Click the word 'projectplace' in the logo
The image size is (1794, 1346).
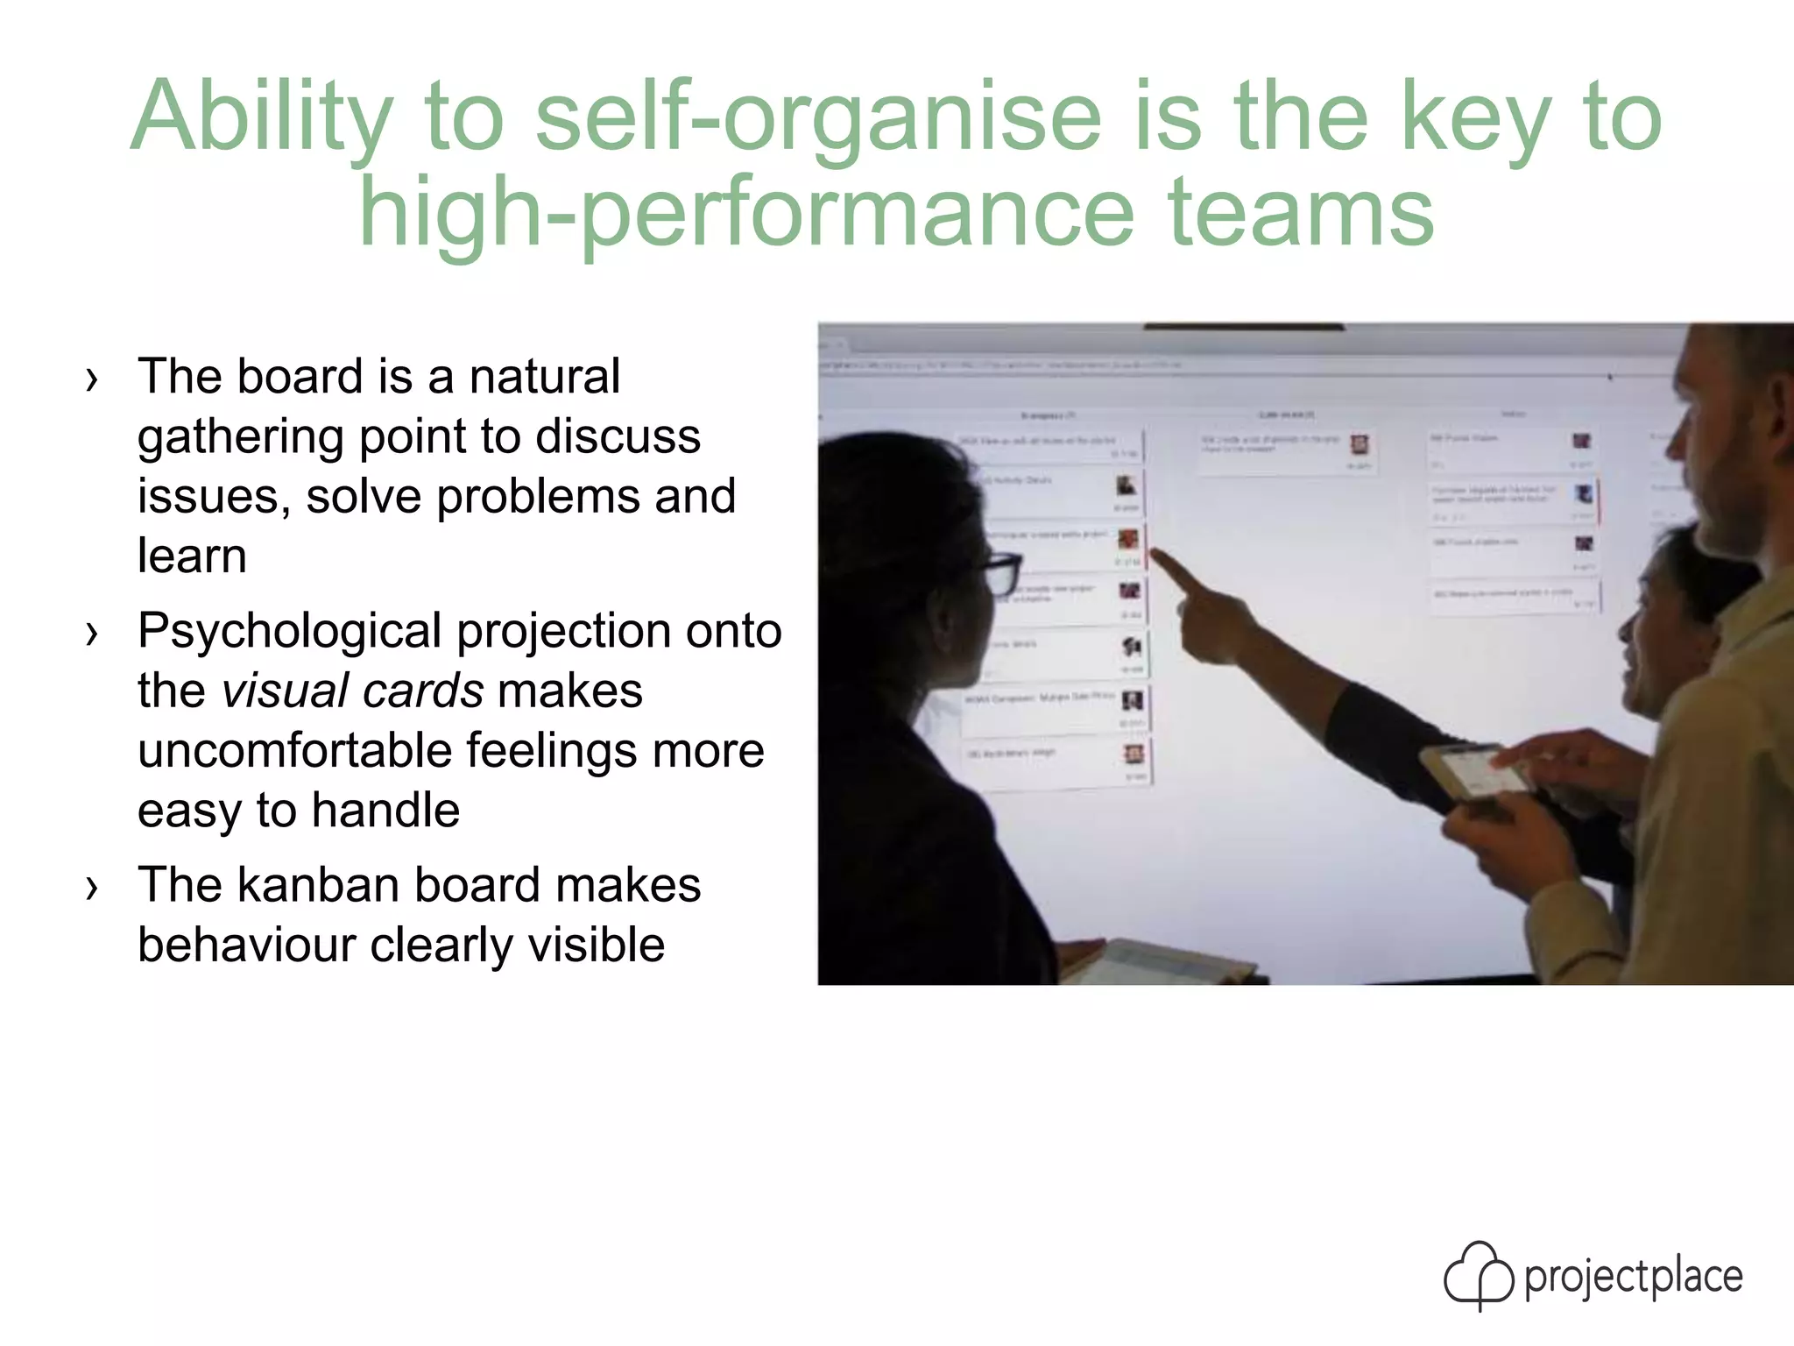(1633, 1277)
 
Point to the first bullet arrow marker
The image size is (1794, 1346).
(92, 379)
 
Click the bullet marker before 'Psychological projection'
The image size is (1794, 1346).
(92, 634)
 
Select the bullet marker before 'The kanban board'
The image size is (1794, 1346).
(92, 888)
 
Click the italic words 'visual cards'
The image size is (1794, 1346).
(352, 691)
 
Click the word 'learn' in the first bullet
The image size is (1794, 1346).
(192, 556)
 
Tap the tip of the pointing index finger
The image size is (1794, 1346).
(1155, 553)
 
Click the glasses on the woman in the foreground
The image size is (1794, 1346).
(1000, 572)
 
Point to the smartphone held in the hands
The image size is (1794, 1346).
(1472, 771)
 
